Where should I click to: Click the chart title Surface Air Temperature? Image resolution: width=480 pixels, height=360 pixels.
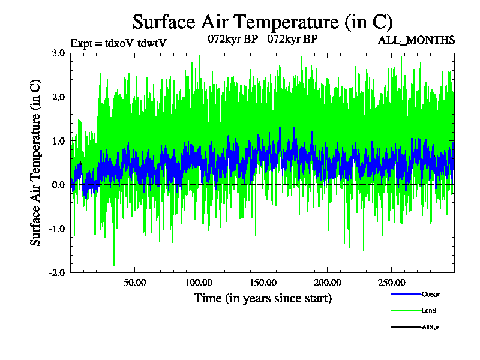click(262, 22)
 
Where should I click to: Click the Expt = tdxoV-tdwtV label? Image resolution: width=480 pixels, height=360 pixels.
click(118, 43)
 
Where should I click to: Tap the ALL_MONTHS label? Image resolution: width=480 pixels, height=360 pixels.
click(416, 40)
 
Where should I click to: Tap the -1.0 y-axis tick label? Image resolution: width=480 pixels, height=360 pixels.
click(57, 229)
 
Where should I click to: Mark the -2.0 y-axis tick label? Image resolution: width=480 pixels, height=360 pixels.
click(57, 272)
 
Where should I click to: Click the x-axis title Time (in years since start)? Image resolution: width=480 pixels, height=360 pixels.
click(262, 298)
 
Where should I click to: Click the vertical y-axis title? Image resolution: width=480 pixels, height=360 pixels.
click(35, 162)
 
